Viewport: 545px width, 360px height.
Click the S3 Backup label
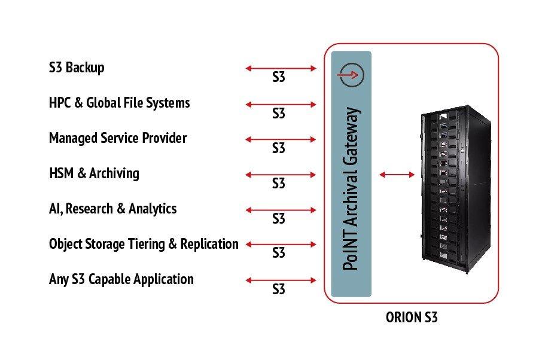(77, 68)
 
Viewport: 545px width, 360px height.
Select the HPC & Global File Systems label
(119, 103)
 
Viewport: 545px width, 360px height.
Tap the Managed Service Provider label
(118, 138)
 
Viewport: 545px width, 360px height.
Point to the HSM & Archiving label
(94, 173)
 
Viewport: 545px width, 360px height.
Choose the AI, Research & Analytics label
(113, 209)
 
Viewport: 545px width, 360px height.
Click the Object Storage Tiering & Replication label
(144, 244)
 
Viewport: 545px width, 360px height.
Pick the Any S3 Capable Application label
(121, 279)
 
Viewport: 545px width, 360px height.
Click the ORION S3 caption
(412, 318)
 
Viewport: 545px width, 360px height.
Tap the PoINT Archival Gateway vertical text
(351, 189)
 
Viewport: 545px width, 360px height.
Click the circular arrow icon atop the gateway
(351, 74)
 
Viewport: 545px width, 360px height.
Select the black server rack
(456, 189)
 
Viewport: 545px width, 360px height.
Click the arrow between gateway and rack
(397, 175)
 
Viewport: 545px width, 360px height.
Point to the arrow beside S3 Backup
(281, 68)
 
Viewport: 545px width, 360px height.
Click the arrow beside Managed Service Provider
(281, 140)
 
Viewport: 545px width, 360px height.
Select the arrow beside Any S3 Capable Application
(281, 280)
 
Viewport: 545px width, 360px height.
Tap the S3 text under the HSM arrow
(279, 184)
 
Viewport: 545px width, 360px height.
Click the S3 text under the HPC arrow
(279, 113)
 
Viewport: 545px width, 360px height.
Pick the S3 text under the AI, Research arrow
(279, 219)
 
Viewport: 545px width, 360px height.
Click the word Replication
(209, 244)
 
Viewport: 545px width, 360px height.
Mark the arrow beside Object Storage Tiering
(281, 245)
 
